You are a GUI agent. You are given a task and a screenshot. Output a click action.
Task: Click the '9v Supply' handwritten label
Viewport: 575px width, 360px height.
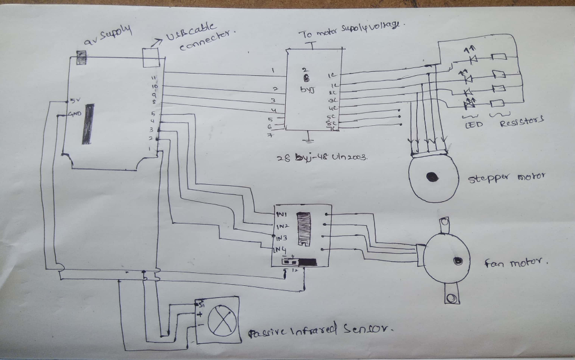(107, 35)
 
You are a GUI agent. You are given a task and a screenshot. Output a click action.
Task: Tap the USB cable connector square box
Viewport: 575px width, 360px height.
(151, 56)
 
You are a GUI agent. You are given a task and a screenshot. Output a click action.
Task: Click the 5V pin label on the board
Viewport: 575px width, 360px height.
(75, 101)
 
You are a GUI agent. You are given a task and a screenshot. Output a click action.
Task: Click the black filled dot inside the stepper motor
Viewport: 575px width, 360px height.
(432, 177)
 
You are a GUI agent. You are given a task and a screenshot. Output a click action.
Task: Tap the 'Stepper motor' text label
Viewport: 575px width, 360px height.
(505, 178)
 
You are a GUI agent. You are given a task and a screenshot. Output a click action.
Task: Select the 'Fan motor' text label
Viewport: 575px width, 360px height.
(515, 262)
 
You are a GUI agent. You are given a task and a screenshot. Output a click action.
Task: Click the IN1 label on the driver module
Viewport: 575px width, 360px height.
(282, 215)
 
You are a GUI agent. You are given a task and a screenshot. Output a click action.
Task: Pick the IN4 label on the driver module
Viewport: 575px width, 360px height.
(280, 249)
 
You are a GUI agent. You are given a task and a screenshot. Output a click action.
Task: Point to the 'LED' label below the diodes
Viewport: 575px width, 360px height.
(474, 124)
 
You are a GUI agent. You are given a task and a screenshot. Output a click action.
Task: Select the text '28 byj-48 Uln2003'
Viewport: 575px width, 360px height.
(322, 158)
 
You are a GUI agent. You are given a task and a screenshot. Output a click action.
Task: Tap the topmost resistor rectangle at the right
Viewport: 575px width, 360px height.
(499, 57)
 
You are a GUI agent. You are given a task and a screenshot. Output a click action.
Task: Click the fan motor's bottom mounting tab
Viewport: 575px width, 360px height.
(451, 295)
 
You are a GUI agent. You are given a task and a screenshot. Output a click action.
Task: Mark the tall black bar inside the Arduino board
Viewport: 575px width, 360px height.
(86, 124)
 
